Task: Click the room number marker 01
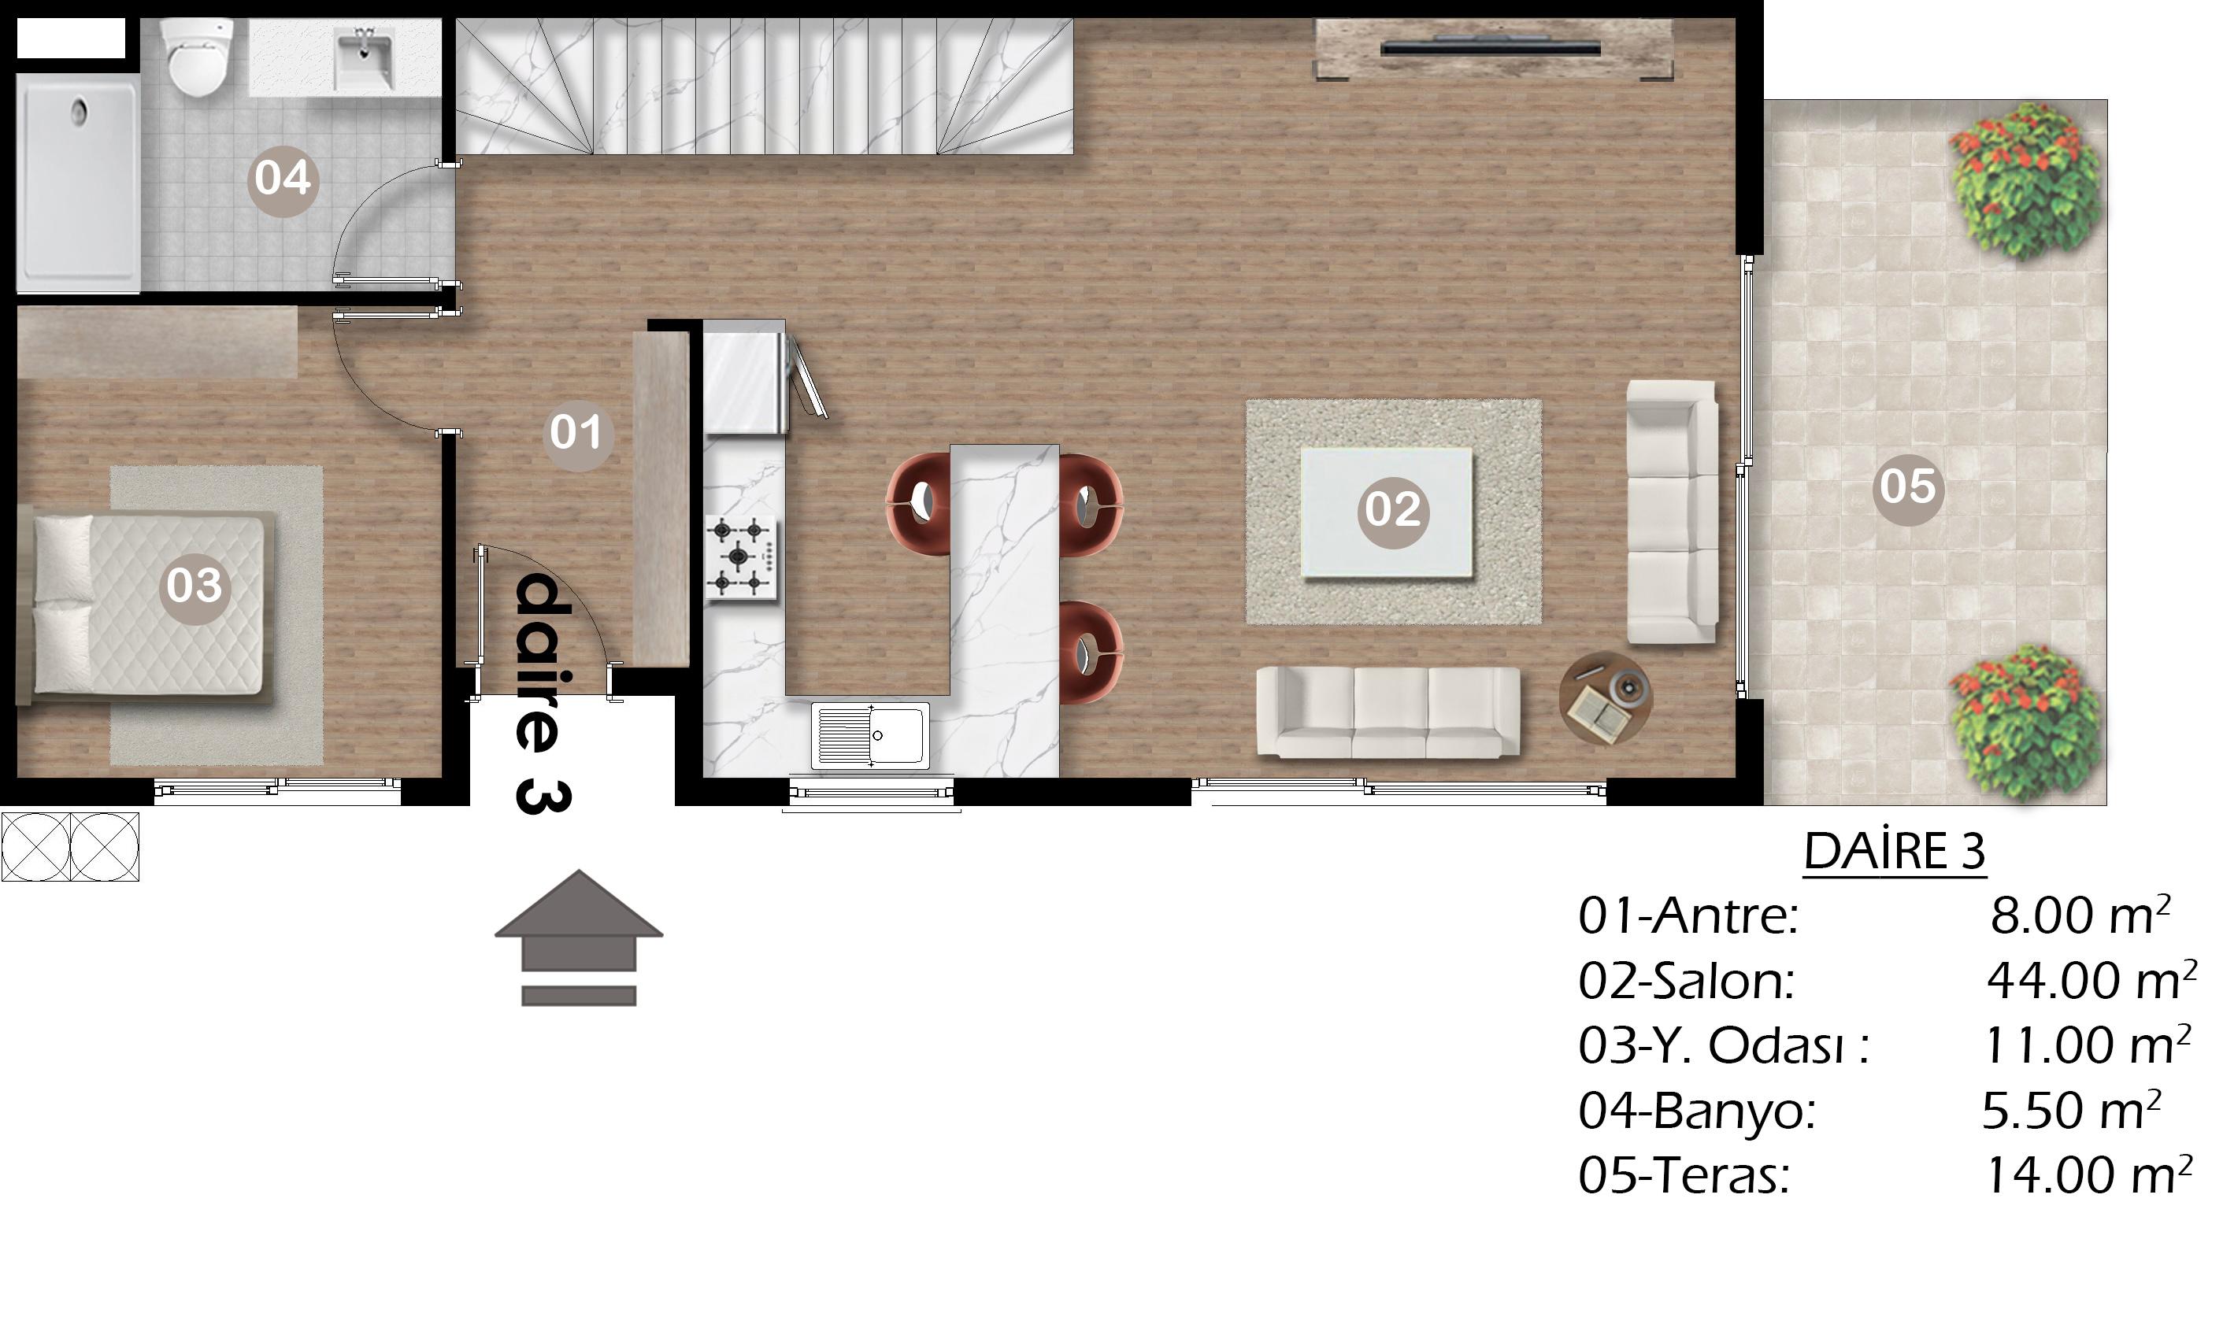(x=577, y=435)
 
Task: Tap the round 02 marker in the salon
(x=1392, y=510)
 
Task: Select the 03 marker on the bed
(x=194, y=586)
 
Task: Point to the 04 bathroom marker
(x=282, y=179)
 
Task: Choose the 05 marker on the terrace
(x=1908, y=488)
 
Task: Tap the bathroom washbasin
(x=364, y=57)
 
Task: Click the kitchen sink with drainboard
(x=870, y=736)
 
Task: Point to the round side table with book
(x=1606, y=697)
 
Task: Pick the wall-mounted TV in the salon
(x=1491, y=47)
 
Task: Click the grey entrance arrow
(x=578, y=938)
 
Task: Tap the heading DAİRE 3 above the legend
(x=1895, y=851)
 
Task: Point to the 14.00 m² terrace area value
(x=2088, y=1175)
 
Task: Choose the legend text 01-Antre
(x=1688, y=916)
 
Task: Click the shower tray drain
(x=80, y=113)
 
